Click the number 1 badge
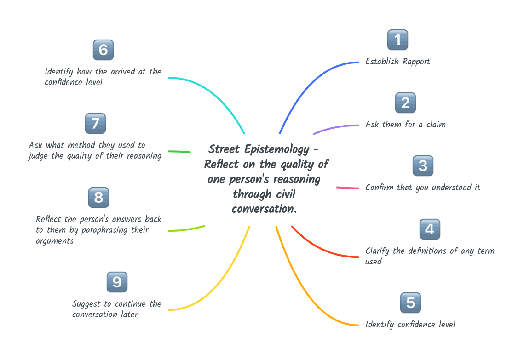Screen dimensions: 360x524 (x=397, y=40)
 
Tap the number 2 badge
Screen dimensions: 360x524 (x=405, y=103)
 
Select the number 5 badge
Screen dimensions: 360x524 (x=410, y=303)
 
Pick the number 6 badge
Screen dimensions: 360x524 (x=103, y=50)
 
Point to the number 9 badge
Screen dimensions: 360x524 (x=117, y=282)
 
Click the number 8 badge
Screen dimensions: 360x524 (x=98, y=198)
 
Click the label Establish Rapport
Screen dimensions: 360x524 (x=397, y=62)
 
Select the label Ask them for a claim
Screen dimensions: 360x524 (x=405, y=125)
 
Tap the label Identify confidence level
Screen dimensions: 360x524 (x=410, y=325)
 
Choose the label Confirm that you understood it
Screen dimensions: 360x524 (x=422, y=188)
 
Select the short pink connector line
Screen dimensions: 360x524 (x=348, y=188)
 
